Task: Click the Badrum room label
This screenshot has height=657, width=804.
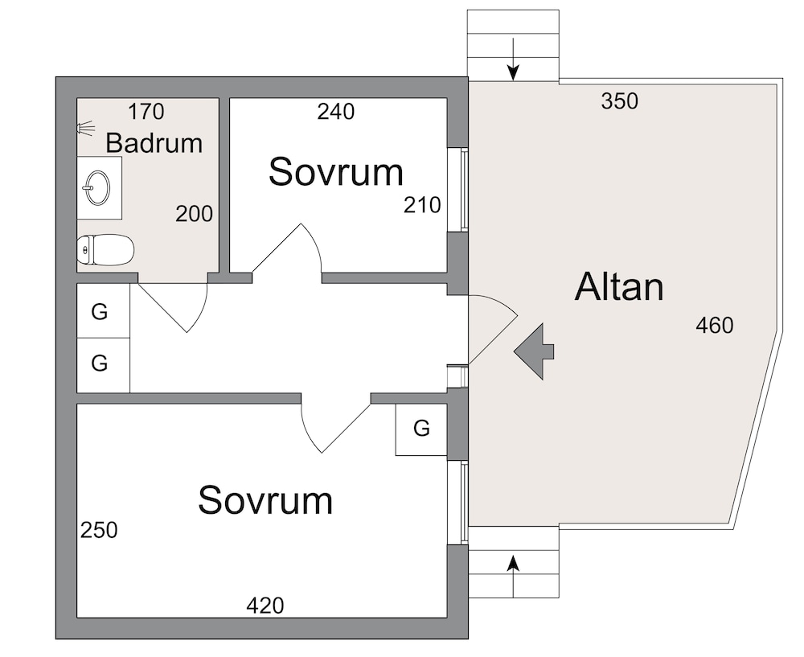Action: (154, 143)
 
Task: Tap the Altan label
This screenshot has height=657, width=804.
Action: (619, 288)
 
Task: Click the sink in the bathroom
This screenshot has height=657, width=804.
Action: (96, 188)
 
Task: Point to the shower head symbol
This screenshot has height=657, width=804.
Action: (85, 127)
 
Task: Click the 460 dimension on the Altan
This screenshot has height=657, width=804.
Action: (715, 326)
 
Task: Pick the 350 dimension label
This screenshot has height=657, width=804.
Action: (619, 102)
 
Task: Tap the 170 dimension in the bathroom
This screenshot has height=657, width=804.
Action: (146, 111)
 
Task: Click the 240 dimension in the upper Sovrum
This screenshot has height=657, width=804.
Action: (335, 112)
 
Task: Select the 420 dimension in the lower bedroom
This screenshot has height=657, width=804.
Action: (265, 606)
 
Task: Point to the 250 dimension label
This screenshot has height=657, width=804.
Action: (98, 531)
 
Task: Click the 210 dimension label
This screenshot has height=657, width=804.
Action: (423, 206)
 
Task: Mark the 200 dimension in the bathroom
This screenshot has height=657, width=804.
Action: (195, 214)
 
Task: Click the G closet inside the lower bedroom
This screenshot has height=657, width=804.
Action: (421, 429)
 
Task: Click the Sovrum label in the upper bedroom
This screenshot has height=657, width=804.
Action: (335, 172)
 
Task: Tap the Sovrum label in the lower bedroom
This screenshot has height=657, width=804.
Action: (265, 500)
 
